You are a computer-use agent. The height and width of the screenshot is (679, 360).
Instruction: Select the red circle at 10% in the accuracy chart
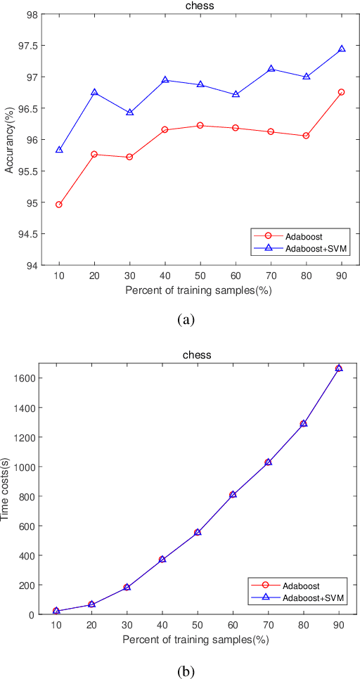click(x=59, y=205)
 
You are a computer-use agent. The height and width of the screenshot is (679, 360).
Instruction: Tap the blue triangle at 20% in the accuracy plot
click(x=94, y=92)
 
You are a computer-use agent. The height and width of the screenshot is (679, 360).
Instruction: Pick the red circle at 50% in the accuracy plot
click(x=200, y=125)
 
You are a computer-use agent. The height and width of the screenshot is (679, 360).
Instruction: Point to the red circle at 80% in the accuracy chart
click(x=306, y=135)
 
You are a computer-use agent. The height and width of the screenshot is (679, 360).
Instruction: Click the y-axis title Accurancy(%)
click(x=9, y=139)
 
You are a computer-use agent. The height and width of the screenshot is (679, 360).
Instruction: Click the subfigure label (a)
click(x=185, y=320)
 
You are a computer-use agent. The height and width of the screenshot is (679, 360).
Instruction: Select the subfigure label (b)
click(x=185, y=671)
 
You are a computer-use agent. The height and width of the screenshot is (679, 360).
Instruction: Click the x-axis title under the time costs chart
click(x=196, y=640)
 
